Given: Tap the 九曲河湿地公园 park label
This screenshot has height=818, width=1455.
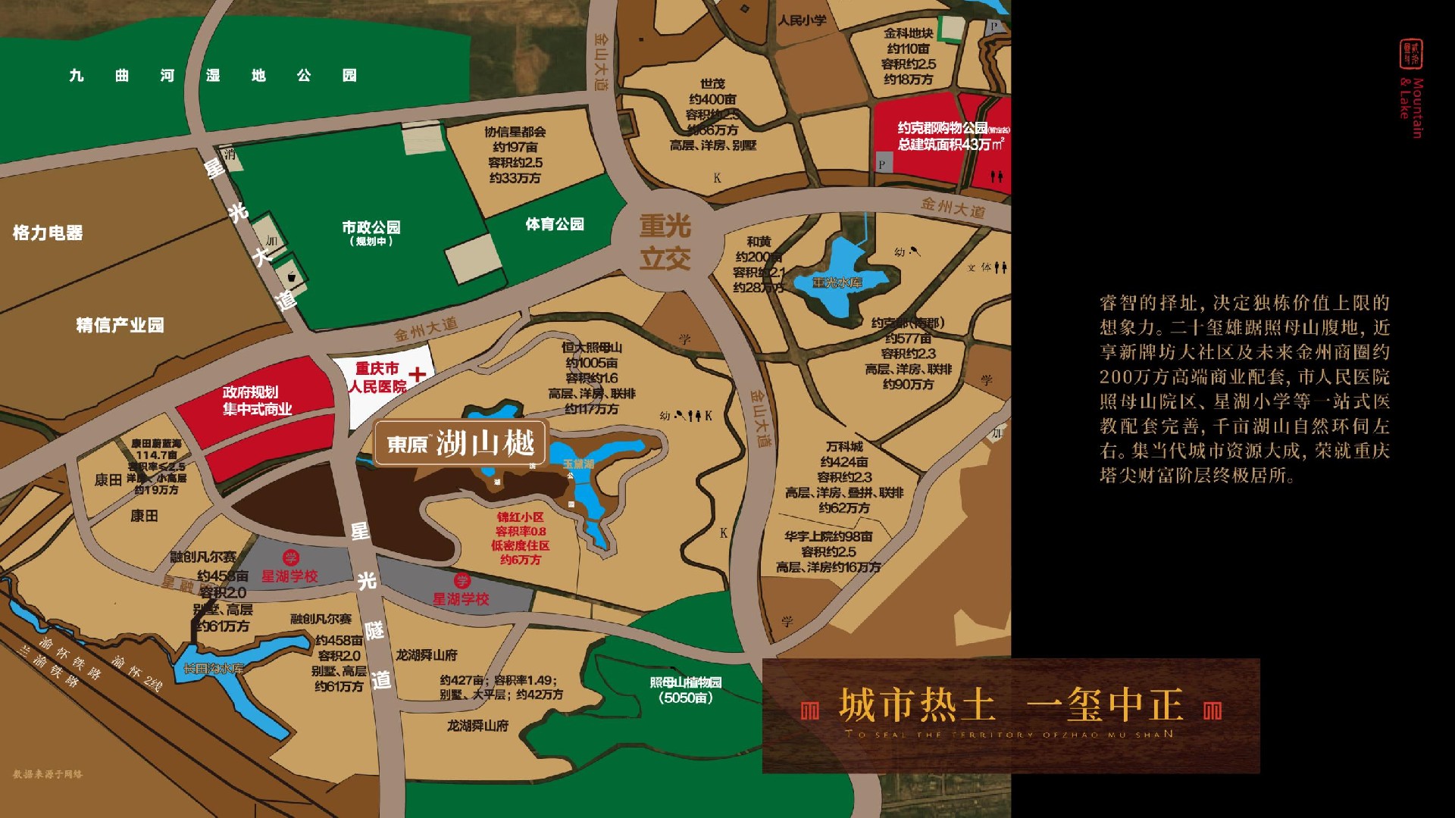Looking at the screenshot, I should [x=212, y=76].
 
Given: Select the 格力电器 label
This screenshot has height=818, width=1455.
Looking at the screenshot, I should [x=48, y=233].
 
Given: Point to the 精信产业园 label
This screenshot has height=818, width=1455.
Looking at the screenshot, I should [x=120, y=325].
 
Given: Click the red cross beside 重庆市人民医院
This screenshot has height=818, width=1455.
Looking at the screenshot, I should [x=418, y=374].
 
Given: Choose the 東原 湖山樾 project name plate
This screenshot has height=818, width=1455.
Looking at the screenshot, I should [x=461, y=443].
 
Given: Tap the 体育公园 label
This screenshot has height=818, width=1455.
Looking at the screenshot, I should [x=555, y=224].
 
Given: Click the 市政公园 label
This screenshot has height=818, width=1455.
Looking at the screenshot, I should [x=371, y=227].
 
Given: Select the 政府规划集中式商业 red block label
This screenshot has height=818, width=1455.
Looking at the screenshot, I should [x=257, y=401].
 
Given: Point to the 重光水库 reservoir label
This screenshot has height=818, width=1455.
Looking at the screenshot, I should [x=837, y=283].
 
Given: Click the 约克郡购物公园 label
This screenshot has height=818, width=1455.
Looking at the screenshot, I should [x=943, y=128].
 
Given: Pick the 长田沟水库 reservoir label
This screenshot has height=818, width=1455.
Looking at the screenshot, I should [x=213, y=669].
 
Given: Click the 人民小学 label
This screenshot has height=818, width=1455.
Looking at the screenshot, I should [x=802, y=20].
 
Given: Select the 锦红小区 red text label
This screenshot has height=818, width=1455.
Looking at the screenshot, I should [x=521, y=517].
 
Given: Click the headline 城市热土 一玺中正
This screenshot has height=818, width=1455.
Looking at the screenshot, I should [x=1011, y=706].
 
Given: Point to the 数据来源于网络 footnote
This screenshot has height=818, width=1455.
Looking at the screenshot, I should [x=48, y=774].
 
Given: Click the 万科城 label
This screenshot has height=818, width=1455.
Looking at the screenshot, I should [x=844, y=447].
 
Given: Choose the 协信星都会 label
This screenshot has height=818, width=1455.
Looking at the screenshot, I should [x=515, y=132].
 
